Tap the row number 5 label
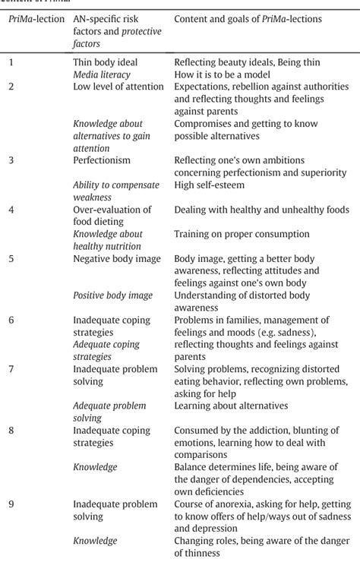point(11,259)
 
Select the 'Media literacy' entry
point(102,74)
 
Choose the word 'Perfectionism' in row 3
point(103,160)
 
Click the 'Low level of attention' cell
point(118,86)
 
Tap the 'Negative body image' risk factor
point(117,259)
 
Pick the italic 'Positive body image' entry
point(112,295)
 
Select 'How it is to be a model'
point(225,74)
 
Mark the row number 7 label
point(11,369)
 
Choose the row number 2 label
point(11,86)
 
